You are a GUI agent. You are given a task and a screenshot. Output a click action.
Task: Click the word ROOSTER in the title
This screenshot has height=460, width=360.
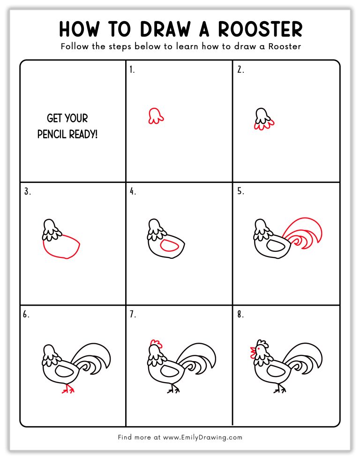click(263, 29)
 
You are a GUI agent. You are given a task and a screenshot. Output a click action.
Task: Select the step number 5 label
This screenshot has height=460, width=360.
click(240, 191)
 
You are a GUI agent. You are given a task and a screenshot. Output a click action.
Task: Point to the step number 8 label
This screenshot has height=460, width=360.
click(240, 315)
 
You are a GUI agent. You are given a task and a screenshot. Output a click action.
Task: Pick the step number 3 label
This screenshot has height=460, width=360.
click(27, 191)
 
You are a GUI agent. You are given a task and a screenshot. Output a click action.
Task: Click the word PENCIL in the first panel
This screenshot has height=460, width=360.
click(52, 135)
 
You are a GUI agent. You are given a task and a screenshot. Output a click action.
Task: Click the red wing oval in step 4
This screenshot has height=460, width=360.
click(170, 245)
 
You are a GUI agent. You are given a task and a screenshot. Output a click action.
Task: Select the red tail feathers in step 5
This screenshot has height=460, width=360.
click(307, 230)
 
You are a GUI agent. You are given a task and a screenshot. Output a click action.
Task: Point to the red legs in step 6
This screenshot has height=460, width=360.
click(69, 389)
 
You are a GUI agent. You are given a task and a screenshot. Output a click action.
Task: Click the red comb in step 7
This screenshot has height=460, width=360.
click(156, 344)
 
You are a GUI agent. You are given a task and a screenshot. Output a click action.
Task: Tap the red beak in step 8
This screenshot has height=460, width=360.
click(253, 350)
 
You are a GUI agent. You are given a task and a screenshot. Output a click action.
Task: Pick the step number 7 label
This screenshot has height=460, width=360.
click(133, 315)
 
